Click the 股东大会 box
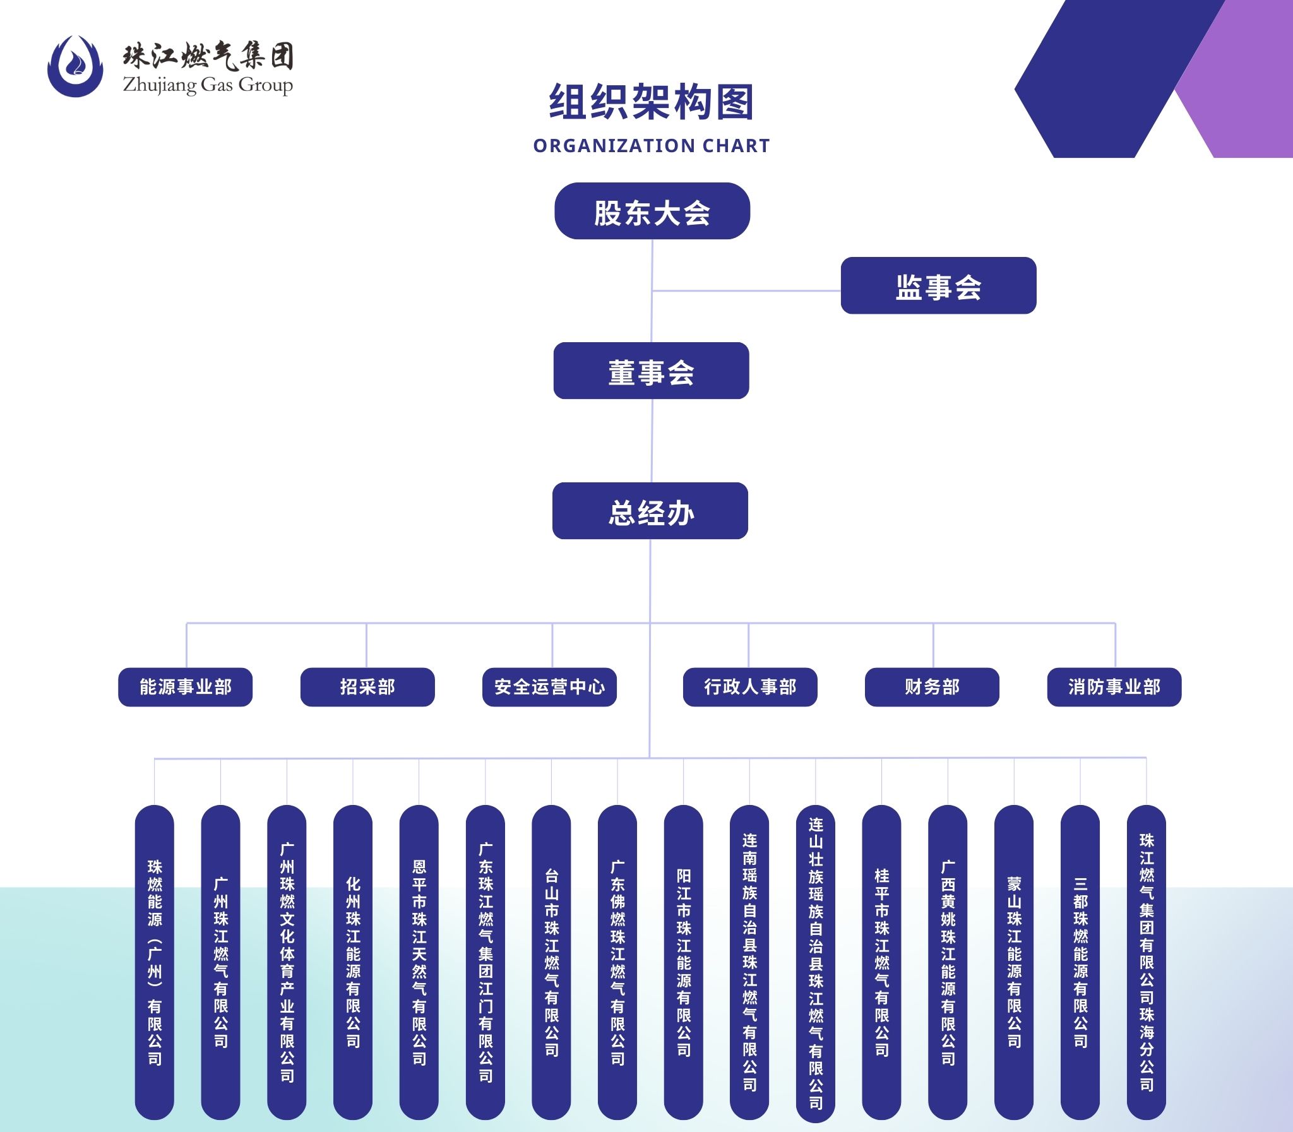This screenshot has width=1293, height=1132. click(652, 211)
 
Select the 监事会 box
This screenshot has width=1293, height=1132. click(938, 285)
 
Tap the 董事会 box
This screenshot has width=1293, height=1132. click(652, 371)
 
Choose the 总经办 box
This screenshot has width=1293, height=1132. click(650, 511)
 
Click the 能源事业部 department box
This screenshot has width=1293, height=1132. click(185, 687)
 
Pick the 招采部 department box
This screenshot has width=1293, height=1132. click(367, 687)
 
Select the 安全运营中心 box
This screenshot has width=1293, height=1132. click(549, 687)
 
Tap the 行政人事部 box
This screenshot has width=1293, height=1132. click(750, 687)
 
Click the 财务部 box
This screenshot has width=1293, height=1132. click(932, 687)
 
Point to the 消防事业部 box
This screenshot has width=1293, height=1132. click(1114, 687)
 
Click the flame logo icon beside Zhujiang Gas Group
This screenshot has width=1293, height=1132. click(75, 66)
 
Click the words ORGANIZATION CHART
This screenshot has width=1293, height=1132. click(652, 146)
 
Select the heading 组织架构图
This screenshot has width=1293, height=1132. click(652, 102)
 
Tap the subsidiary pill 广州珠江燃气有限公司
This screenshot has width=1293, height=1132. click(220, 962)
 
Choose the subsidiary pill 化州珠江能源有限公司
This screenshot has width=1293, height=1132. click(352, 962)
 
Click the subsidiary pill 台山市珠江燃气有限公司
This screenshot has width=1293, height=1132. click(551, 962)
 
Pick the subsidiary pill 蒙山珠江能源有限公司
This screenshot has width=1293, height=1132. click(1013, 962)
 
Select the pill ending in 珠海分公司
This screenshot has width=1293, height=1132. click(1146, 962)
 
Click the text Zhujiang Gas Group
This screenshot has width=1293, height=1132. click(208, 85)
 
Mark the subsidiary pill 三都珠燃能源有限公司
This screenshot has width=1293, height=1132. click(1080, 962)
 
